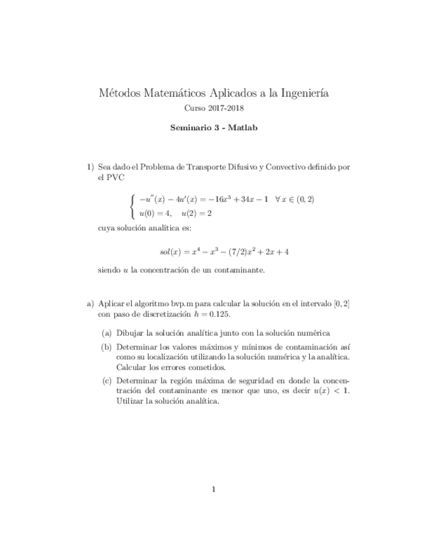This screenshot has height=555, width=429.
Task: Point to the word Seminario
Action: coord(190,128)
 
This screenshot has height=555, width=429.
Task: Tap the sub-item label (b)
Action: coord(106,347)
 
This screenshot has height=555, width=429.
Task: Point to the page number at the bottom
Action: coord(214,488)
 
